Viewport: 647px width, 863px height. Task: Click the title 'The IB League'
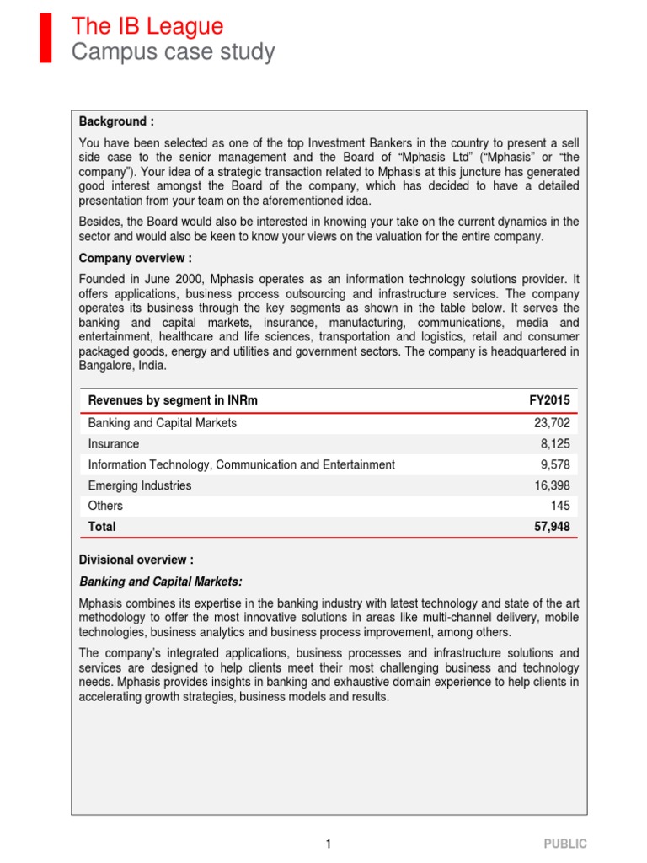(147, 26)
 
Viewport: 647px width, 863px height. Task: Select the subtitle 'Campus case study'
(173, 52)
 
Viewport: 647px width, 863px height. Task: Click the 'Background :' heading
(116, 121)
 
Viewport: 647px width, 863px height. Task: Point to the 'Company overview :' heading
(136, 258)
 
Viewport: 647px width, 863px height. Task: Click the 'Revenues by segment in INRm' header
(173, 400)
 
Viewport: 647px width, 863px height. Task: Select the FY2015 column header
(549, 400)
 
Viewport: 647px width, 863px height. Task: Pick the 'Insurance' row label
(114, 443)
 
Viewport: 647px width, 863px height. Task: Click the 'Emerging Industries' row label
(140, 485)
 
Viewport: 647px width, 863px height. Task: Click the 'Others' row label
(105, 506)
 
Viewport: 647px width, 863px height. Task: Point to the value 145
(559, 506)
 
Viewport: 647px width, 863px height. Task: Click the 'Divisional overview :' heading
(136, 560)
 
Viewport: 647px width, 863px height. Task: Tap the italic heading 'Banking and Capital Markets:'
(161, 581)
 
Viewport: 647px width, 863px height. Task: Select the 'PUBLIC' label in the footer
(564, 844)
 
